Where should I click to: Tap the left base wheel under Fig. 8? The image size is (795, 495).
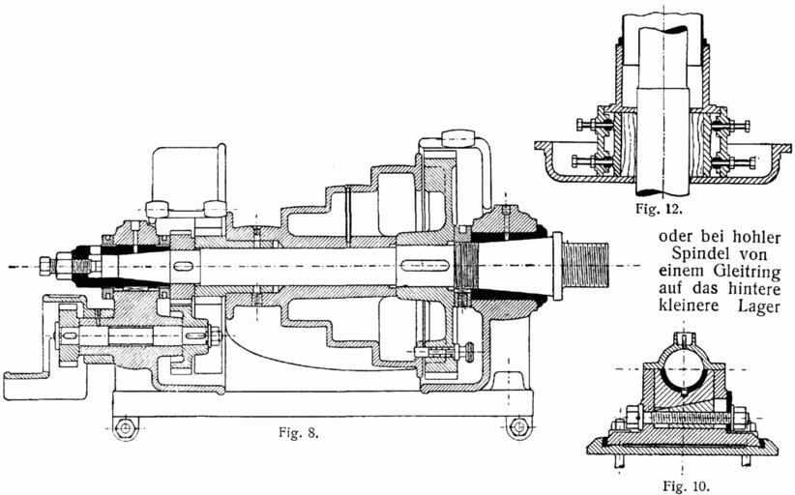click(x=124, y=425)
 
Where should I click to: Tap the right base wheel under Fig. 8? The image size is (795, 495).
click(x=519, y=425)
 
